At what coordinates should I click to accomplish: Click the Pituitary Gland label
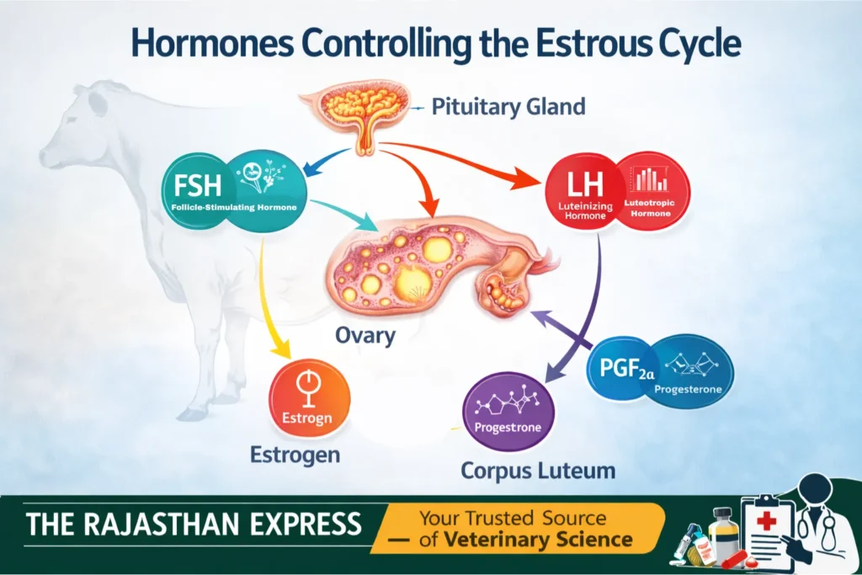tap(508, 108)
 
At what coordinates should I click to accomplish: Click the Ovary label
tap(364, 335)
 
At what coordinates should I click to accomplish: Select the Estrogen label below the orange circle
tap(295, 455)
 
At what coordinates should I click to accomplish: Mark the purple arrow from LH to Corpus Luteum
tap(581, 311)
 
